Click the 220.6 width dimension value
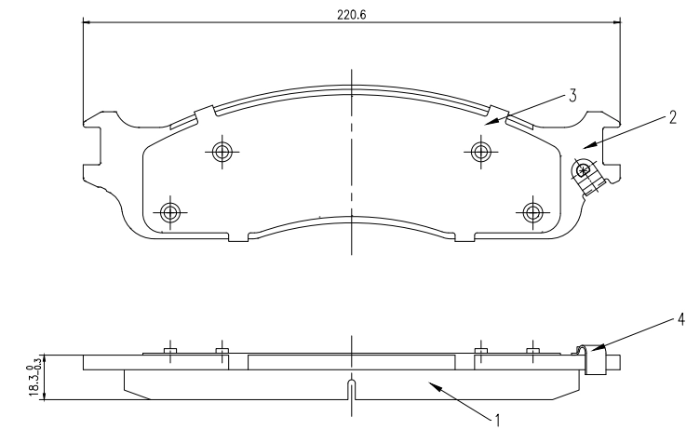(351, 15)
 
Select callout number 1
(496, 420)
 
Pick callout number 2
(672, 117)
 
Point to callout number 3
(572, 96)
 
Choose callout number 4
(680, 319)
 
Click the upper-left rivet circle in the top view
(222, 152)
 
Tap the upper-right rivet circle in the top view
(480, 152)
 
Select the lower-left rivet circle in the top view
(170, 212)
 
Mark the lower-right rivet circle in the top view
(532, 212)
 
